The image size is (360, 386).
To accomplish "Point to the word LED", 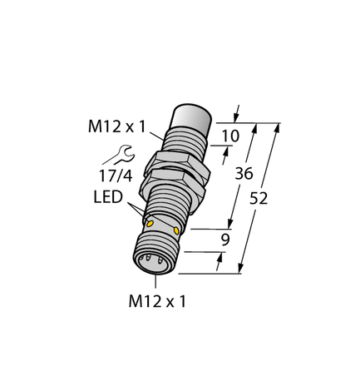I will pyautogui.click(x=109, y=196).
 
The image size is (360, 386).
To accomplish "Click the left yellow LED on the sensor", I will pyautogui.click(x=150, y=223).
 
